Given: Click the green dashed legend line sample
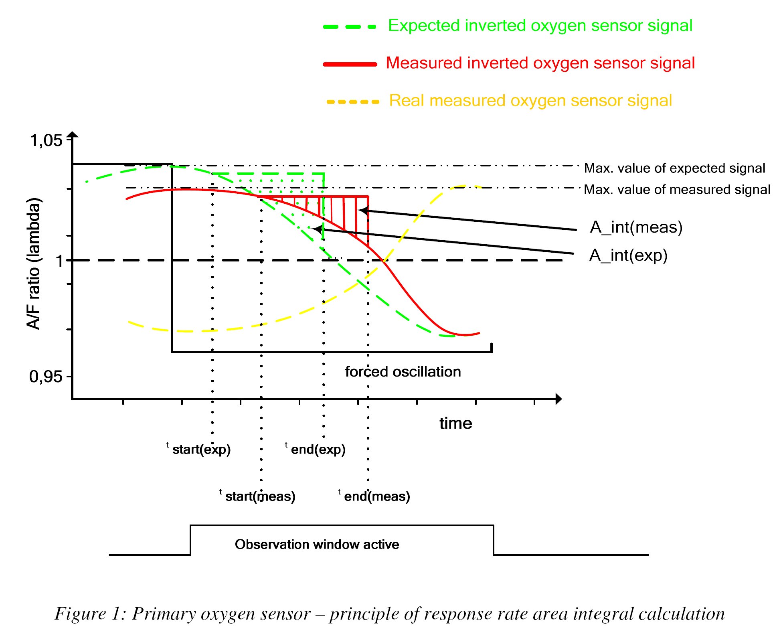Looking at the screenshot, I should click(350, 27).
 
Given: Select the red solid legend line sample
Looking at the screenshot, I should click(350, 64).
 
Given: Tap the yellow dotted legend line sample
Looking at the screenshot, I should click(353, 102).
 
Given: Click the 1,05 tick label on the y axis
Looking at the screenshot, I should click(46, 140).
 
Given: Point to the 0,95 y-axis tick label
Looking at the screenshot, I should click(46, 377).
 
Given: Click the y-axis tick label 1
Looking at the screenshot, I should click(59, 261).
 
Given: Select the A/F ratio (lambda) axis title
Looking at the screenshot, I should click(34, 263).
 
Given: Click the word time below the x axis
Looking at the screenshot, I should click(455, 423).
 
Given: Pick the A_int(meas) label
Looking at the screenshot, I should click(636, 227).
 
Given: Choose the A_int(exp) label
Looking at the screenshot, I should click(628, 255).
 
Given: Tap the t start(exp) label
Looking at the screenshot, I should click(199, 449).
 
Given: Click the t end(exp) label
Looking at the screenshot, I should click(316, 449).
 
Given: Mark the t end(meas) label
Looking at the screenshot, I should click(374, 496).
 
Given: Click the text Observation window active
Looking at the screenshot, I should click(317, 544).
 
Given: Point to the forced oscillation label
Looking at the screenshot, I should click(403, 372).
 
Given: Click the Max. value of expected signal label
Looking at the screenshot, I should click(674, 168).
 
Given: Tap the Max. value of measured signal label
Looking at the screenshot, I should click(677, 189).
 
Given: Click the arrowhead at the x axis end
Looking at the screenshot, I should click(558, 399).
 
